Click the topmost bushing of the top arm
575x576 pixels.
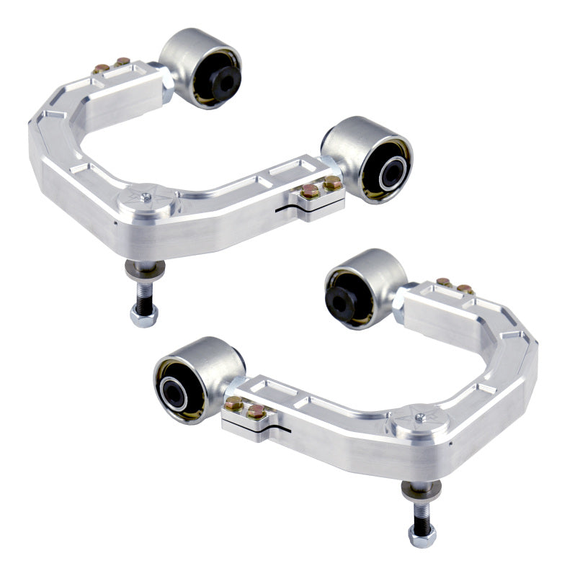click(201, 68)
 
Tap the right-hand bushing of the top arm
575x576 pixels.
click(368, 161)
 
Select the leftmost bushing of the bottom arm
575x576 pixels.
click(190, 379)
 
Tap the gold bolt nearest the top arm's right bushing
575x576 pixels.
click(332, 185)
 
